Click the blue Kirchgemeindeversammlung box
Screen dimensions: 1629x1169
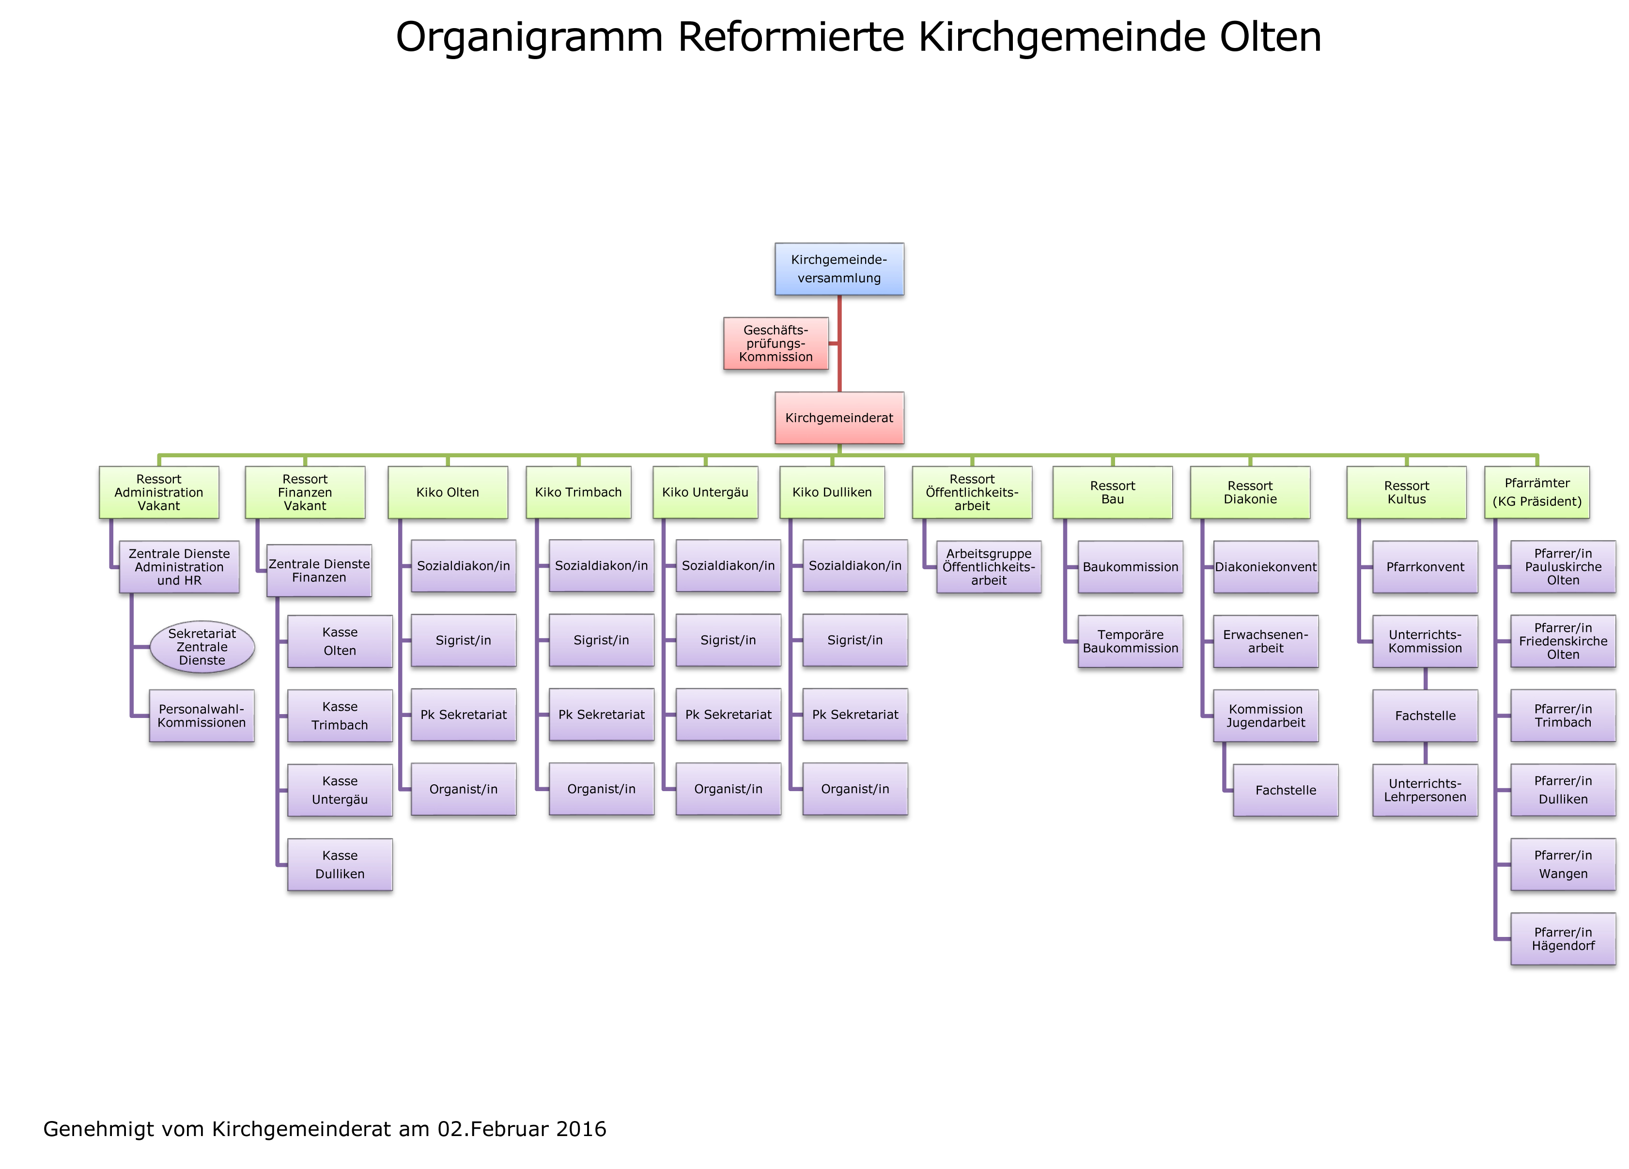839,269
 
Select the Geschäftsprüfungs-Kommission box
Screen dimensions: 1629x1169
776,343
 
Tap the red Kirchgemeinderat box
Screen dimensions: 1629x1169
839,418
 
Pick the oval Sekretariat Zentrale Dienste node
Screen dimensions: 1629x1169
202,647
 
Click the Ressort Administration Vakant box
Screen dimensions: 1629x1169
159,492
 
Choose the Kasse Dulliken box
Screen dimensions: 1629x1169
340,864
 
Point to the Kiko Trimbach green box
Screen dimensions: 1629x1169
578,492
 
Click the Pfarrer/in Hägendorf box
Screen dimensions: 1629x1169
1563,938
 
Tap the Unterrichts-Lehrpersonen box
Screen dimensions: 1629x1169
1425,790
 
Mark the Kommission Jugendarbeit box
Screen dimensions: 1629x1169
1266,716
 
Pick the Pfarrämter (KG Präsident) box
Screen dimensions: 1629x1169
1536,492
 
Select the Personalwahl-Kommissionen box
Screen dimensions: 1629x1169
202,716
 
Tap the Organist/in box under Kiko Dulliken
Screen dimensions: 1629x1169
855,789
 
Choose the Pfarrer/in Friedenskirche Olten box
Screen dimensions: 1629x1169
1563,641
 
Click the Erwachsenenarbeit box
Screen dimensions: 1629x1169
1266,641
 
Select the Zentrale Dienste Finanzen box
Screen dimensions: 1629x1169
319,571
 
